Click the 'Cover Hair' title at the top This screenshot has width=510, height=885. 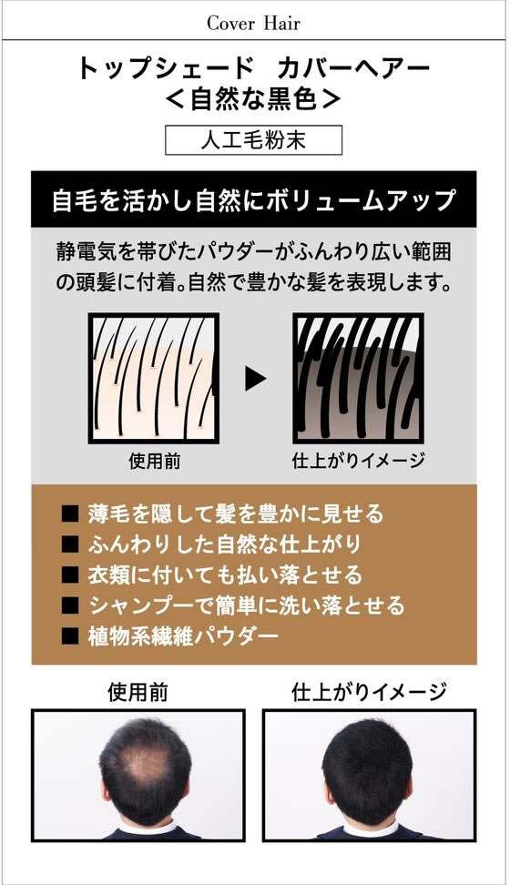253,23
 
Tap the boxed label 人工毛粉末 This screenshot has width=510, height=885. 253,140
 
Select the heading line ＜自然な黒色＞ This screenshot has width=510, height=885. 253,99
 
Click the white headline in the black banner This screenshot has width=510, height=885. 253,200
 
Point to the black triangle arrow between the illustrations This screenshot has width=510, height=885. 255,378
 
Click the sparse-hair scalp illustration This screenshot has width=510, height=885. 154,378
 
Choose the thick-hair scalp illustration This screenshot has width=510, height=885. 358,378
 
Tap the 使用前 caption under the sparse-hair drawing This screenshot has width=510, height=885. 154,461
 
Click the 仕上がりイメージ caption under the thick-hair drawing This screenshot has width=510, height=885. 358,461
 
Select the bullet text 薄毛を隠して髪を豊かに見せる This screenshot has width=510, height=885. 236,514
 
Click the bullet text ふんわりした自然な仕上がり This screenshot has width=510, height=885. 224,544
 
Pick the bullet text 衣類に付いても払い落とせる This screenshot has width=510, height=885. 225,575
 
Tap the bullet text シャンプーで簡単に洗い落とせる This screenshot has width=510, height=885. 246,605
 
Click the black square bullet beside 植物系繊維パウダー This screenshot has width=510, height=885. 70,636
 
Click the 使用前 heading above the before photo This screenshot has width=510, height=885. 138,692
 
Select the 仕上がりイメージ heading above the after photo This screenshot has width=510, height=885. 369,692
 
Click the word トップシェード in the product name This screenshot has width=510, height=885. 165,68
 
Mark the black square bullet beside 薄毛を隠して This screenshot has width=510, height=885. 70,514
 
